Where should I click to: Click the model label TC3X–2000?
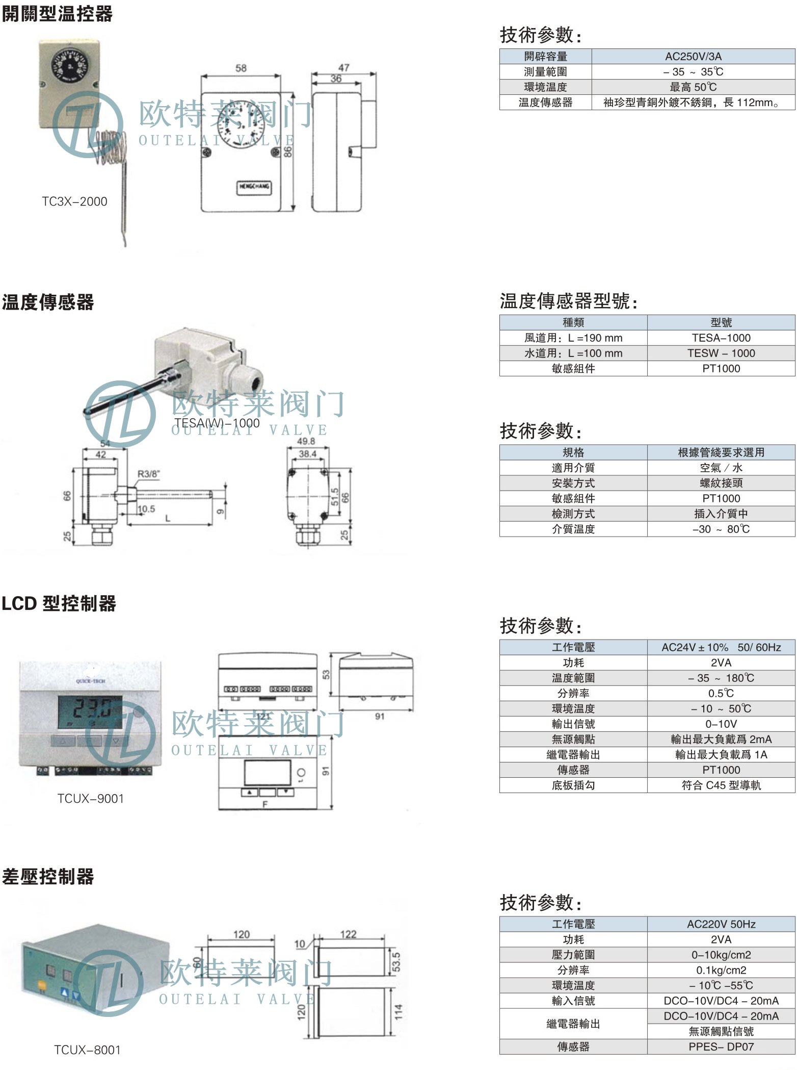point(74,201)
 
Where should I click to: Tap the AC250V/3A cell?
point(693,57)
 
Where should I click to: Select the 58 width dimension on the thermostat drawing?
point(241,68)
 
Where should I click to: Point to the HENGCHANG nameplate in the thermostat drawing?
point(254,187)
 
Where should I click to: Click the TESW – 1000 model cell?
point(721,353)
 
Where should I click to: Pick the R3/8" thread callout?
point(148,474)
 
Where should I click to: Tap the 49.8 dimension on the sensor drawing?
point(306,442)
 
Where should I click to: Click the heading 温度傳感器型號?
point(568,301)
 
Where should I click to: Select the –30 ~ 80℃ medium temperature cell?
point(721,529)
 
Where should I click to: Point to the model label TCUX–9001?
point(90,799)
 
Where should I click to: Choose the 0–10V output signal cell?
point(721,724)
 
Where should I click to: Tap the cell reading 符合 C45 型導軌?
point(721,785)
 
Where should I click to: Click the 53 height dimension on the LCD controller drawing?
point(326,674)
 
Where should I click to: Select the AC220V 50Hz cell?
point(721,924)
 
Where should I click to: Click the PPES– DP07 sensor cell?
point(721,1047)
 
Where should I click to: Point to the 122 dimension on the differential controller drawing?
point(349,934)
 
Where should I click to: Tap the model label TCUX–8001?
point(87,1050)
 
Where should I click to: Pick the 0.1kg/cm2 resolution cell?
point(721,970)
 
